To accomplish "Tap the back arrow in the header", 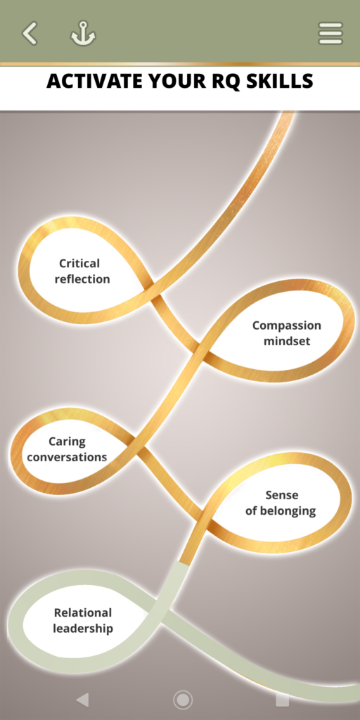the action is (x=30, y=34).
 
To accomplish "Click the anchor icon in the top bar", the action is (x=83, y=34).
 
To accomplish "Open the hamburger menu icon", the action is (x=330, y=34).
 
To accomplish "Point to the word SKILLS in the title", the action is (x=279, y=82).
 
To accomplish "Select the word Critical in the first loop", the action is (x=79, y=263).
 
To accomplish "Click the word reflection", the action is (x=82, y=278).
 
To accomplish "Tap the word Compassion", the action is (x=287, y=326).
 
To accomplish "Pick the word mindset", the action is (x=287, y=341).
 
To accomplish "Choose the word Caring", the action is (x=67, y=442).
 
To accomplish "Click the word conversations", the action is (x=67, y=457).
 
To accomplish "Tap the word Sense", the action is (x=282, y=495).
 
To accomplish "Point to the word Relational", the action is (x=83, y=612).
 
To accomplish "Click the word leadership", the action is (x=83, y=628).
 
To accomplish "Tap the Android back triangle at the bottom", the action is (x=82, y=700).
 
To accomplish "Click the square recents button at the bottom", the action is (x=282, y=700).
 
